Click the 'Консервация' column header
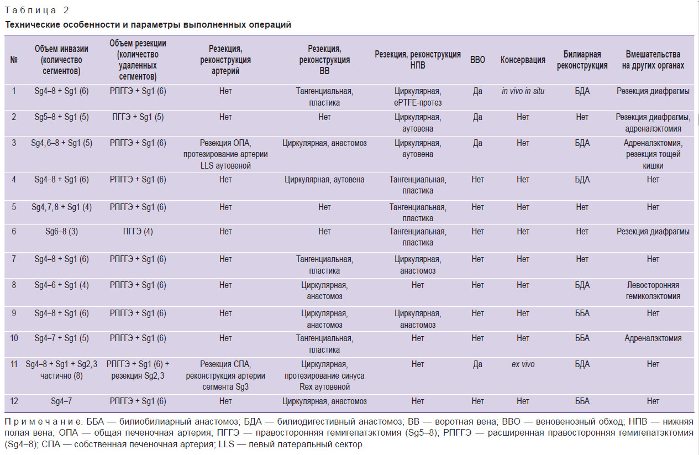(x=523, y=60)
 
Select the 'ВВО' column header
(x=477, y=60)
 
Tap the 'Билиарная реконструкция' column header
(x=582, y=60)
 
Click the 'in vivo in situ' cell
(x=523, y=91)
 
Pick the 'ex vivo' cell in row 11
(x=523, y=364)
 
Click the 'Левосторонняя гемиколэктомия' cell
(x=653, y=290)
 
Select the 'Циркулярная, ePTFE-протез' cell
(x=418, y=97)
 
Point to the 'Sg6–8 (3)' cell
(x=61, y=232)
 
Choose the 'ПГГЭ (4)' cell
(x=138, y=232)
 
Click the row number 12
(x=14, y=401)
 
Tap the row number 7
(x=14, y=259)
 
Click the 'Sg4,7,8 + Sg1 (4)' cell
(x=61, y=207)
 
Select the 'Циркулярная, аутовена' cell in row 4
(x=324, y=180)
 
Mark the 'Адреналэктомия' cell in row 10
(x=653, y=338)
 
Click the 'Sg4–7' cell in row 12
(x=61, y=401)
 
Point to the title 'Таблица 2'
(x=36, y=11)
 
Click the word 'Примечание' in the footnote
(x=43, y=422)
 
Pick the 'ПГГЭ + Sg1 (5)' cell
(x=138, y=117)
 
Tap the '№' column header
(x=14, y=60)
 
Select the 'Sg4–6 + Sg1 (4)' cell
(x=61, y=285)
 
